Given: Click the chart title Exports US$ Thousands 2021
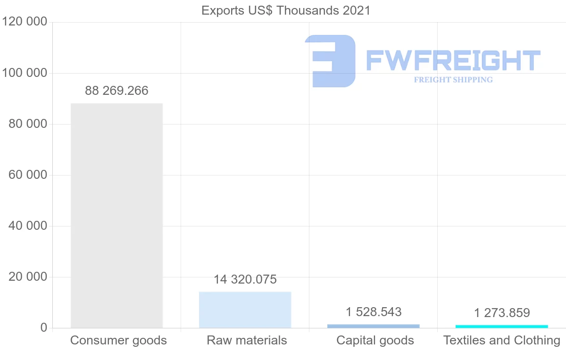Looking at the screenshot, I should (286, 10).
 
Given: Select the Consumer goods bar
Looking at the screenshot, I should (117, 215).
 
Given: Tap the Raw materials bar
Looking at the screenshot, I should (245, 310).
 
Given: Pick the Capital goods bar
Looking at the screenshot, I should (373, 326).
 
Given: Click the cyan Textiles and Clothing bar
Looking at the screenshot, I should (502, 326).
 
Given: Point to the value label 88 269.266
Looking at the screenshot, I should (117, 91).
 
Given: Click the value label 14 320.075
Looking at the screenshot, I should (245, 279).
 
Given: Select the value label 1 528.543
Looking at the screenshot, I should (374, 312).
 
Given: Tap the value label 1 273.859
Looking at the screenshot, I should (502, 313).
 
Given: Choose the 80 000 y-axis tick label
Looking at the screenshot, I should (28, 124).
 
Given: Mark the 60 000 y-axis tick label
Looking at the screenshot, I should (28, 175).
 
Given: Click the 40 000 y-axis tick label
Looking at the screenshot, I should (28, 226).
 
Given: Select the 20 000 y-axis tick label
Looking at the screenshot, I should (28, 277).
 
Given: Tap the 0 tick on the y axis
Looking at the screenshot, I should (43, 328).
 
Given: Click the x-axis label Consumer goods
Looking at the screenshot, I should (118, 340).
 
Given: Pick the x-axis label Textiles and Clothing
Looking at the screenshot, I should (502, 340).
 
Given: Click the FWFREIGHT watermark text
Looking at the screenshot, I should (453, 60).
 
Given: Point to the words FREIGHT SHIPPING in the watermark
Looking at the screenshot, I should (453, 80).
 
